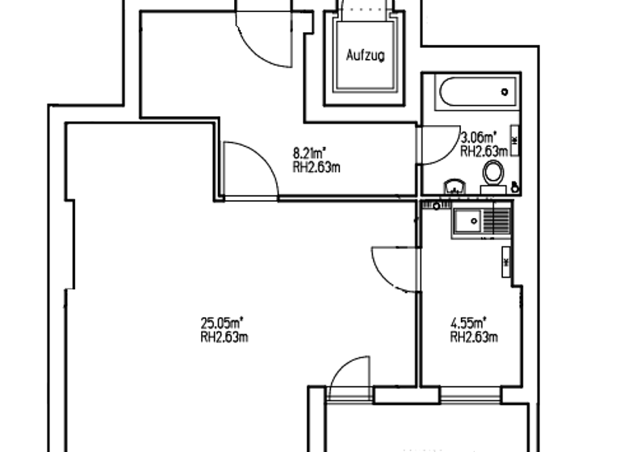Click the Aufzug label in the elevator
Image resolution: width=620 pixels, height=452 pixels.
[x=365, y=56]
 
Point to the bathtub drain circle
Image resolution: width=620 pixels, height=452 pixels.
[x=505, y=91]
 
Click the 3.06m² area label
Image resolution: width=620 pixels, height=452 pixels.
[x=478, y=137]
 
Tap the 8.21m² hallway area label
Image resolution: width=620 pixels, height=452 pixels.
[x=309, y=151]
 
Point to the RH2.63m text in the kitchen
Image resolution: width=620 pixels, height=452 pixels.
[x=473, y=337]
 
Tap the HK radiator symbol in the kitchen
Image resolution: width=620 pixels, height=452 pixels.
[x=506, y=263]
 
